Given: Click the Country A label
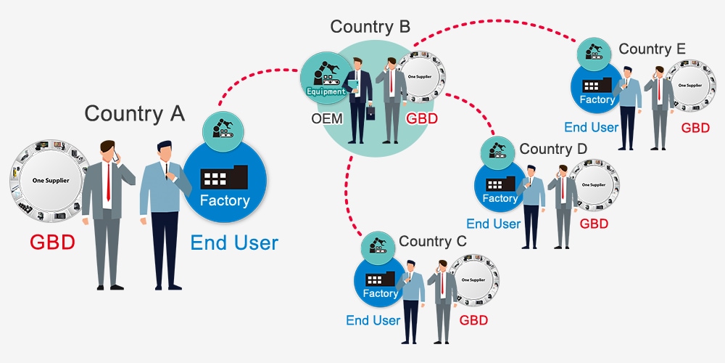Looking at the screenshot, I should (135, 114).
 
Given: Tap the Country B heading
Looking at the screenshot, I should (370, 27).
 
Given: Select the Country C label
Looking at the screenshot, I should (433, 241).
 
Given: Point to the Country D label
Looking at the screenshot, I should (553, 149).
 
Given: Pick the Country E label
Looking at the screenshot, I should (652, 49).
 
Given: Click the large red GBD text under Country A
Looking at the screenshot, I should (52, 242).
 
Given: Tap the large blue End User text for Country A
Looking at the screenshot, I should (234, 242).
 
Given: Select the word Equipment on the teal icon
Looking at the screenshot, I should (326, 91).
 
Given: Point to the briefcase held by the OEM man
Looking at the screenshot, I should (370, 113).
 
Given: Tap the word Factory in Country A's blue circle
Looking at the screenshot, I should (225, 200).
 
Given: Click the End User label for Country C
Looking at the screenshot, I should (373, 320).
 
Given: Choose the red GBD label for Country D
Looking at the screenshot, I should (594, 224).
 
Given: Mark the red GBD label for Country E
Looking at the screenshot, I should (695, 128).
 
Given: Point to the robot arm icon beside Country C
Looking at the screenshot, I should (378, 247).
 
